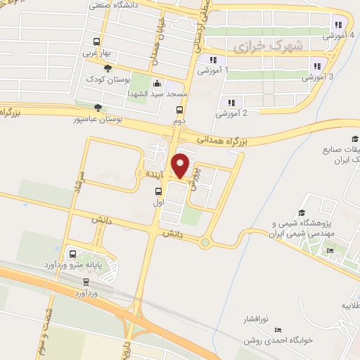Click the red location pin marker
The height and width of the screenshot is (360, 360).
click(x=181, y=165)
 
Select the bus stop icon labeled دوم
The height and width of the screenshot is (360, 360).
click(x=180, y=110)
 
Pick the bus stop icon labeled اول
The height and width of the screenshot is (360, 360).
click(x=157, y=191)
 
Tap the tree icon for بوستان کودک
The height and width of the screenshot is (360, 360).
click(x=107, y=68)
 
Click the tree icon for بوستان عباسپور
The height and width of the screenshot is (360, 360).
click(x=97, y=108)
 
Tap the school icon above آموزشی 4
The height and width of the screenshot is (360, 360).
click(x=339, y=25)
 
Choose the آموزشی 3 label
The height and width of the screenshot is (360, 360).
click(x=321, y=77)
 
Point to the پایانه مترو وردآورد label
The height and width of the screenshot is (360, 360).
click(x=94, y=266)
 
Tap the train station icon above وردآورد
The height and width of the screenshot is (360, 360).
click(x=86, y=281)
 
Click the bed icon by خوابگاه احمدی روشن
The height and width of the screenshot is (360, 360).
click(x=278, y=330)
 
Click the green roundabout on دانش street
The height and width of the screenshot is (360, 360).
click(x=205, y=243)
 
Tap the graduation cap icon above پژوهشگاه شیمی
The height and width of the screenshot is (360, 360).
click(x=302, y=213)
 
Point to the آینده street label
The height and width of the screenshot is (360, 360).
click(x=150, y=173)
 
